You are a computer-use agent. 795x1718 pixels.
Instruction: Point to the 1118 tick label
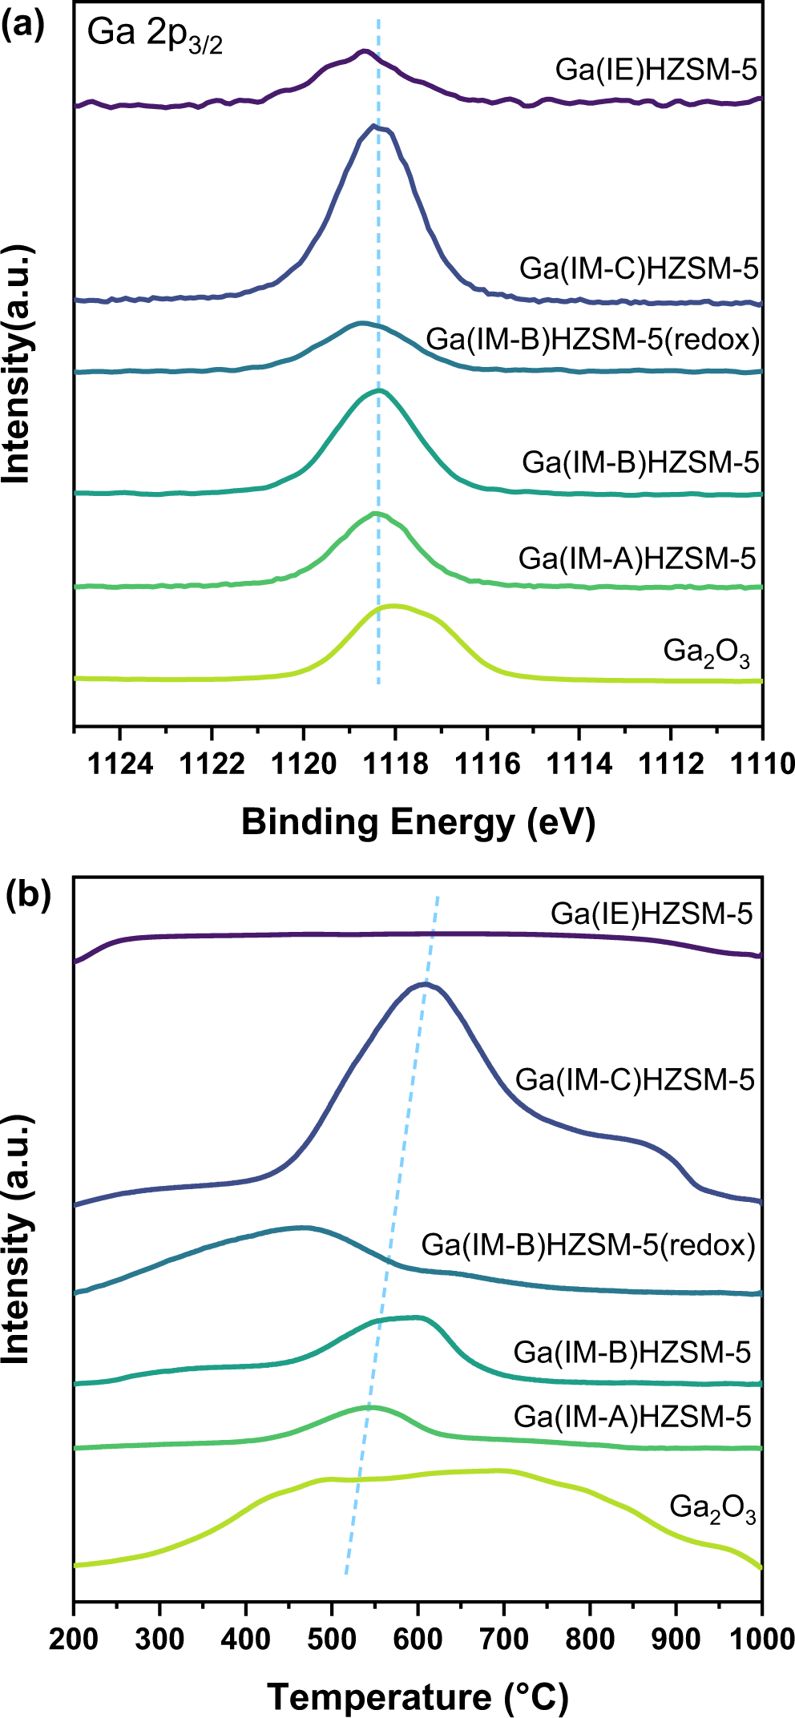click(x=395, y=764)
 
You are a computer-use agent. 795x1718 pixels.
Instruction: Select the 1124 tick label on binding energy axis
click(x=120, y=764)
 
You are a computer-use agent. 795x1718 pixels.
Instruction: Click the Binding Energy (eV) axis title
click(x=418, y=822)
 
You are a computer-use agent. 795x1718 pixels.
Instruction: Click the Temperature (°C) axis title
click(x=418, y=1696)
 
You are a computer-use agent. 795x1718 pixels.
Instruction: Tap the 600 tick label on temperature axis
click(x=418, y=1639)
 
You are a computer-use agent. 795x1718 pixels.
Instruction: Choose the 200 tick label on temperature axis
click(x=74, y=1639)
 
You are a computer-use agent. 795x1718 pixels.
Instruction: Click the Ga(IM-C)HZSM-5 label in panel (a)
click(x=638, y=268)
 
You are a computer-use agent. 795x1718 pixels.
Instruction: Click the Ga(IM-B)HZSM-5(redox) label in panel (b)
click(x=588, y=1244)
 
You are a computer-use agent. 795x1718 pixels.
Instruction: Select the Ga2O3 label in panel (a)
click(x=706, y=652)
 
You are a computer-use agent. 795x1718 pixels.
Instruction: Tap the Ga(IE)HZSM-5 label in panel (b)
click(x=651, y=913)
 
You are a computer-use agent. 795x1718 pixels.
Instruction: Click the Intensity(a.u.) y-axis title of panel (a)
click(x=17, y=365)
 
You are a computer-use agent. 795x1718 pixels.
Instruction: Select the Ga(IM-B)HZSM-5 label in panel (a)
click(x=640, y=462)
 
